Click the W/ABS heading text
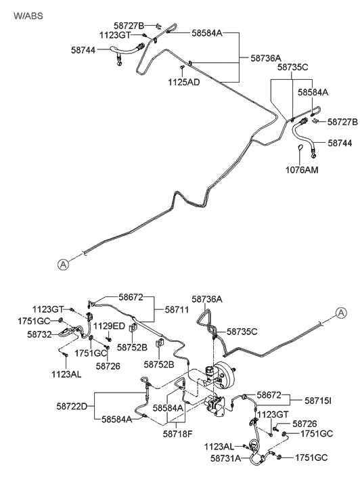click(x=28, y=16)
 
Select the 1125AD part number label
click(x=184, y=82)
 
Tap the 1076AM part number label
click(x=302, y=170)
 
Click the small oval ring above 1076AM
click(x=300, y=148)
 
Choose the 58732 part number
click(x=39, y=334)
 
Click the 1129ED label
click(x=109, y=326)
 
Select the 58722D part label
click(x=72, y=406)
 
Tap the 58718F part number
click(x=177, y=434)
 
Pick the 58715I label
click(x=318, y=401)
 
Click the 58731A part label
click(x=225, y=458)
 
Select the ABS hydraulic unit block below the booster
click(x=214, y=405)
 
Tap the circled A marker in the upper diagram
click(x=63, y=265)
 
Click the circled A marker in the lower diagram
click(x=341, y=313)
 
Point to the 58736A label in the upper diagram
click(x=266, y=58)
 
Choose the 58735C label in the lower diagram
click(x=242, y=332)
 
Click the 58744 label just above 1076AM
click(x=340, y=143)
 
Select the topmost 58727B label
click(x=129, y=26)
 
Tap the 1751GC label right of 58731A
click(x=311, y=457)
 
